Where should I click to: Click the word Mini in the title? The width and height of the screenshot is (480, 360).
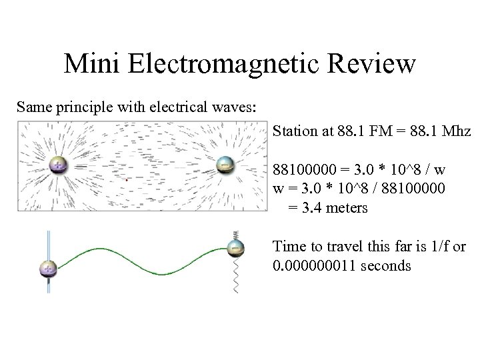click(x=92, y=65)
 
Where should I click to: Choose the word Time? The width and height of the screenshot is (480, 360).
click(x=289, y=247)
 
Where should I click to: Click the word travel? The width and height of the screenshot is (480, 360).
click(x=344, y=247)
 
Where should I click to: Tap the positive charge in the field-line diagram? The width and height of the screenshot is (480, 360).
click(x=59, y=165)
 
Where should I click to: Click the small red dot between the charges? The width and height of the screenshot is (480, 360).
click(x=127, y=180)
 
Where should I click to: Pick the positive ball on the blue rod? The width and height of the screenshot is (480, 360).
click(x=49, y=269)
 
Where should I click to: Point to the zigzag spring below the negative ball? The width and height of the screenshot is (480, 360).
click(x=235, y=279)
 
